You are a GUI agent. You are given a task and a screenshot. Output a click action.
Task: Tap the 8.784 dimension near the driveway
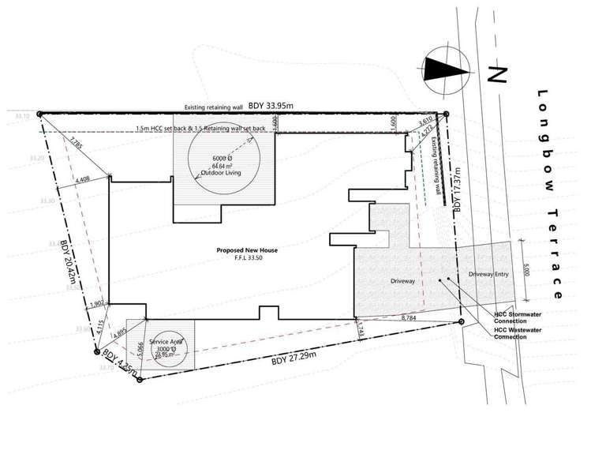408,317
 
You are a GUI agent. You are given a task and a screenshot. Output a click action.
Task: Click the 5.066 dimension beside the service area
140,349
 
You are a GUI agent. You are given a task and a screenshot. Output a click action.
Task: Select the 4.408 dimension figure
82,182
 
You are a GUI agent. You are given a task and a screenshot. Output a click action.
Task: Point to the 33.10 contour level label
21,116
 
